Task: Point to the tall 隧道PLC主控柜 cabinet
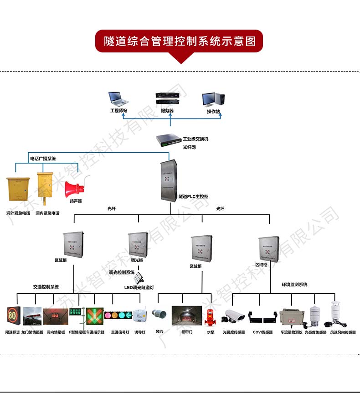(x=170, y=180)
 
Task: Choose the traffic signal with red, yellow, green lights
(x=118, y=315)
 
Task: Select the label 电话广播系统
(x=43, y=158)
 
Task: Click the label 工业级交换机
(x=195, y=139)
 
